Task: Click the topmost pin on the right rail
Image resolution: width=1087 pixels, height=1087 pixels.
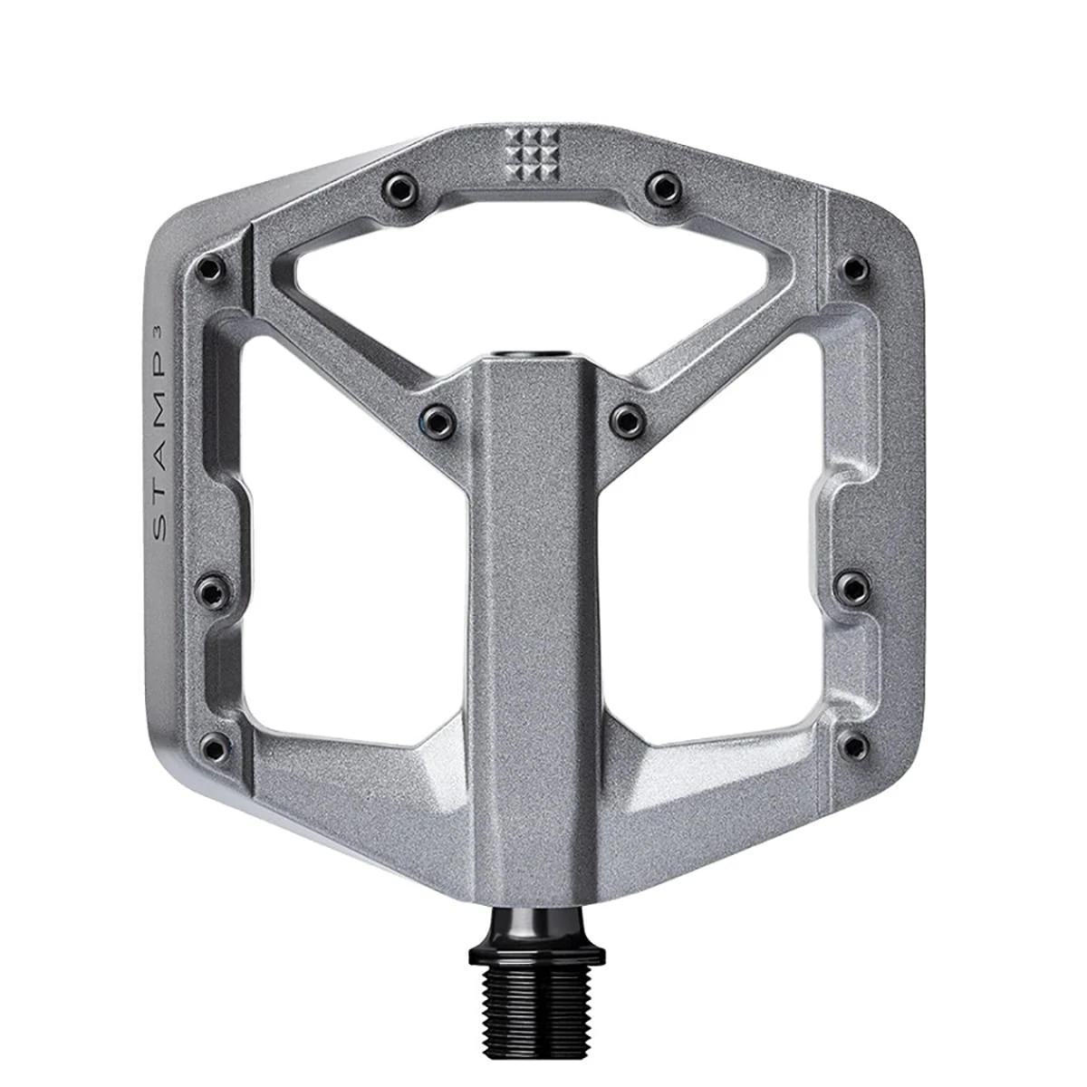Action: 852,268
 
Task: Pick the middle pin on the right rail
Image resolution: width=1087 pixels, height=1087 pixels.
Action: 852,587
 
